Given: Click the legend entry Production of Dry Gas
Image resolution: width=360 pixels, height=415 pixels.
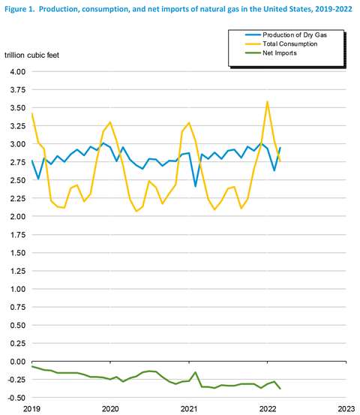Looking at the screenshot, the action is pyautogui.click(x=295, y=35).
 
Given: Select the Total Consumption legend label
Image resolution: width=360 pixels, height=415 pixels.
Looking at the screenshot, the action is pyautogui.click(x=290, y=44).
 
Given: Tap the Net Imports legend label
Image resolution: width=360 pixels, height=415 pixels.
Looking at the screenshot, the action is pyautogui.click(x=280, y=53).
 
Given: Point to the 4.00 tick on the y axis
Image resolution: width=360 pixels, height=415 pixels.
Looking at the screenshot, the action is pyautogui.click(x=18, y=72).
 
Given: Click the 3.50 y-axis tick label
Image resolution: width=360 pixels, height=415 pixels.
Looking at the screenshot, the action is pyautogui.click(x=18, y=108).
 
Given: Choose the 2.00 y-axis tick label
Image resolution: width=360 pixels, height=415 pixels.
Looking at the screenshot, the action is pyautogui.click(x=18, y=216).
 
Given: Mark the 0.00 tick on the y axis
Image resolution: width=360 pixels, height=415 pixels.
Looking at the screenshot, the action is pyautogui.click(x=18, y=362).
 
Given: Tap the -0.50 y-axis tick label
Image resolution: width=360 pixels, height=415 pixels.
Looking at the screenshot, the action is pyautogui.click(x=16, y=398).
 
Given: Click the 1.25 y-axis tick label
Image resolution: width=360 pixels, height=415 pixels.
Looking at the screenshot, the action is pyautogui.click(x=18, y=271).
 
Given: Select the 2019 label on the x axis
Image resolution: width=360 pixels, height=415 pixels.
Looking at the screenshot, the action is pyautogui.click(x=31, y=409).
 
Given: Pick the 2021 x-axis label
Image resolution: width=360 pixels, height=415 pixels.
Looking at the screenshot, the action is pyautogui.click(x=189, y=409).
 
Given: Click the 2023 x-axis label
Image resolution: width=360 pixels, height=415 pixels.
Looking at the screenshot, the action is pyautogui.click(x=346, y=409).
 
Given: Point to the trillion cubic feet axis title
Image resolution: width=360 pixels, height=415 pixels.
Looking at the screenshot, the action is pyautogui.click(x=31, y=55).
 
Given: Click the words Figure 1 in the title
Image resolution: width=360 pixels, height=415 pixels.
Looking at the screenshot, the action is pyautogui.click(x=19, y=9).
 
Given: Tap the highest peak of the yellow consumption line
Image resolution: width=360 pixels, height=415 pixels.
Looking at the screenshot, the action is pyautogui.click(x=268, y=101).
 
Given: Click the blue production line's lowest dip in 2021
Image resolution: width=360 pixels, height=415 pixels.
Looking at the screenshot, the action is pyautogui.click(x=196, y=186).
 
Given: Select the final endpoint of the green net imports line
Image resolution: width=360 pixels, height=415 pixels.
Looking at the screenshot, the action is pyautogui.click(x=280, y=389).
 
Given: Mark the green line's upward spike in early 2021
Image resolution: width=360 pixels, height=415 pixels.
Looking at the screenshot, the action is pyautogui.click(x=196, y=372).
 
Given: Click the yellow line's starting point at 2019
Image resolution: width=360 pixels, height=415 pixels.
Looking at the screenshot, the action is pyautogui.click(x=32, y=113).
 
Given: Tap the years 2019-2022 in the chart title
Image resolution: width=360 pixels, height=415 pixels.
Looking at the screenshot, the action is pyautogui.click(x=334, y=9).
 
